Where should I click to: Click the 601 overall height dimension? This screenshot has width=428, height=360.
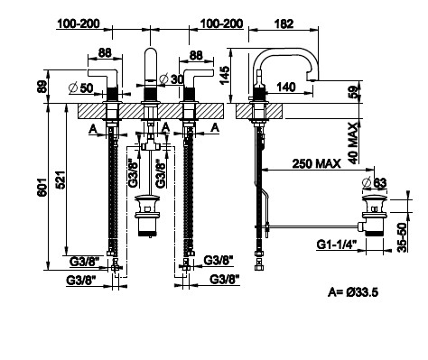(42, 187)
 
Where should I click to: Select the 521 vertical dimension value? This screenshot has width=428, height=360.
(60, 180)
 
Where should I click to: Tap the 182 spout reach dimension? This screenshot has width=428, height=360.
(284, 23)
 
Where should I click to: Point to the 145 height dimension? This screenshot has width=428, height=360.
(225, 75)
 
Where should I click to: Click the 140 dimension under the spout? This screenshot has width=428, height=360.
(285, 88)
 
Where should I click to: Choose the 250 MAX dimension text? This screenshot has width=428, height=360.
(316, 163)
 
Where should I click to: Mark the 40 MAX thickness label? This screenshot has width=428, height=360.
(355, 143)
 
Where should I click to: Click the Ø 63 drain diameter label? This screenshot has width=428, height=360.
(375, 182)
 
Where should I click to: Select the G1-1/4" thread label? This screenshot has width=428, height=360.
(337, 244)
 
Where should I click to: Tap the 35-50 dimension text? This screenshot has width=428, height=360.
(402, 237)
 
